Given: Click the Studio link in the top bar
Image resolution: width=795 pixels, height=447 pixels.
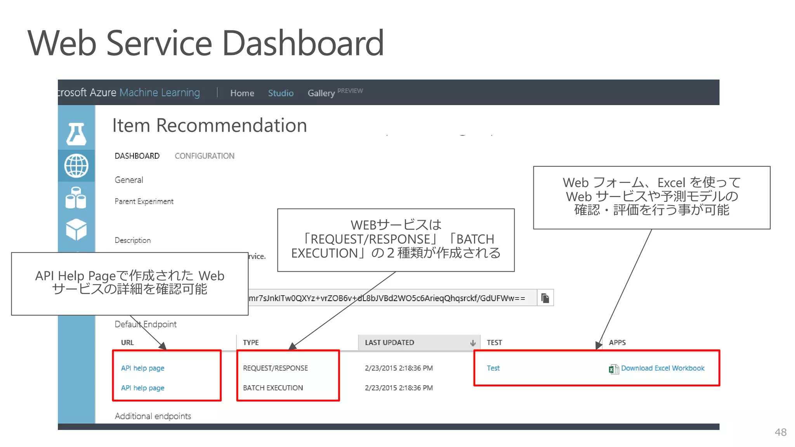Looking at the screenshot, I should (x=281, y=93).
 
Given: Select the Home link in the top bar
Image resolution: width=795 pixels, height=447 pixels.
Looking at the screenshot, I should (x=242, y=93).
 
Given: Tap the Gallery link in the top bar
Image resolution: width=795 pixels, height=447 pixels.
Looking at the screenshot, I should (x=321, y=93).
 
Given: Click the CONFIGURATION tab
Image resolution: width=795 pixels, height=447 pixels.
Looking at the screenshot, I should (x=204, y=156).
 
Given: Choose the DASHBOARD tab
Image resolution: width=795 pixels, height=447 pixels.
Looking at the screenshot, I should (x=137, y=156).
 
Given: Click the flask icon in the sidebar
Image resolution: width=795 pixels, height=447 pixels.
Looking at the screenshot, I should (x=76, y=134).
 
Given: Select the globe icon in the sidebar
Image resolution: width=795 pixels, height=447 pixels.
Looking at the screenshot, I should (x=76, y=166).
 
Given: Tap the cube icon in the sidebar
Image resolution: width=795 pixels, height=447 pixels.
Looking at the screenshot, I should (x=76, y=229).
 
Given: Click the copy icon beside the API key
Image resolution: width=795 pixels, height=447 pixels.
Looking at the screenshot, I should (x=545, y=298).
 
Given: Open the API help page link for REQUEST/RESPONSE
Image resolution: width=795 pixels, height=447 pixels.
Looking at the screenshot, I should (x=142, y=368).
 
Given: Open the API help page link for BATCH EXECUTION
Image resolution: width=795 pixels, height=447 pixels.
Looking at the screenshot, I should (x=142, y=388).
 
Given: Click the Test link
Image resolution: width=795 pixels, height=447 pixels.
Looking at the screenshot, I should (x=493, y=368).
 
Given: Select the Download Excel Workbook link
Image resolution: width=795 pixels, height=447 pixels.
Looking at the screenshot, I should (x=662, y=368).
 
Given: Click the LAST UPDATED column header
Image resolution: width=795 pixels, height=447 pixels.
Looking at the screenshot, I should (x=389, y=343).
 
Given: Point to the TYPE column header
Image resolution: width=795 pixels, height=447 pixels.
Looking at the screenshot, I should (x=251, y=343).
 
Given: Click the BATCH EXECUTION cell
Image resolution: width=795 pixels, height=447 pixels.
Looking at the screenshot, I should (x=273, y=388).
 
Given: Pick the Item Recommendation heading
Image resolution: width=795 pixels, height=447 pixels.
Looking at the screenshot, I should (x=210, y=125).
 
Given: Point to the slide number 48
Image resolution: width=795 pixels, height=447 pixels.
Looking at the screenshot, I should (x=780, y=432).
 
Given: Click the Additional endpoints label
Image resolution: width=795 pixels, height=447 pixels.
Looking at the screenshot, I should (x=153, y=416).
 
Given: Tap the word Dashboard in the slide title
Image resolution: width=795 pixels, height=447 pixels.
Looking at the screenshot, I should (x=303, y=43).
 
